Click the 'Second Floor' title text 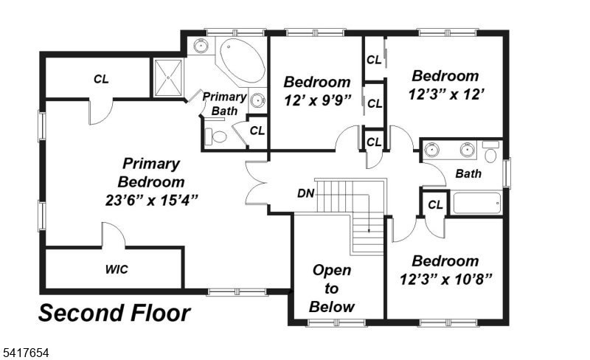pyautogui.click(x=114, y=314)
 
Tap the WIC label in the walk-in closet pyautogui.click(x=116, y=269)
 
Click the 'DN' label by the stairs pyautogui.click(x=306, y=194)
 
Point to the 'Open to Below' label pyautogui.click(x=332, y=288)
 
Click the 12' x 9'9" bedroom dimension pyautogui.click(x=317, y=100)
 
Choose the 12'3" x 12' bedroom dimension pyautogui.click(x=445, y=94)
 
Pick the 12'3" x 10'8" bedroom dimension pyautogui.click(x=445, y=279)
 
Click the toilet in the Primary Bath pyautogui.click(x=216, y=136)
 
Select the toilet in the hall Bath pyautogui.click(x=491, y=153)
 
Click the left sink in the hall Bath pyautogui.click(x=433, y=150)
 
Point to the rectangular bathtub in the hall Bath pyautogui.click(x=476, y=204)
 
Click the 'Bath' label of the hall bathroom pyautogui.click(x=468, y=175)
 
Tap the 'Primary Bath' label pyautogui.click(x=223, y=103)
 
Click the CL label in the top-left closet pyautogui.click(x=101, y=79)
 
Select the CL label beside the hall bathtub pyautogui.click(x=435, y=204)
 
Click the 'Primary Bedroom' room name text pyautogui.click(x=150, y=173)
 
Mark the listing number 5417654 pyautogui.click(x=25, y=353)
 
